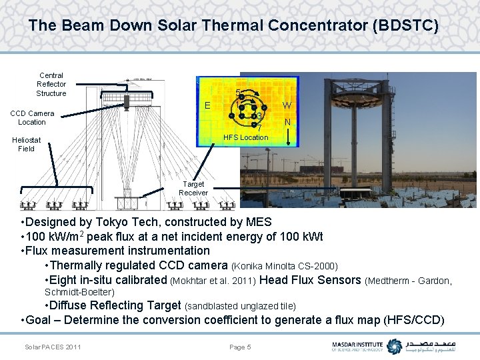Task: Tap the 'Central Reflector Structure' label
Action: [x=51, y=85]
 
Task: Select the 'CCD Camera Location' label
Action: [x=32, y=117]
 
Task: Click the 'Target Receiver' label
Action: [x=193, y=188]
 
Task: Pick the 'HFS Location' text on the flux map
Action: [x=245, y=137]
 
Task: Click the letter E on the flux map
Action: [x=207, y=105]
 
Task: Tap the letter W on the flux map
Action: [x=287, y=105]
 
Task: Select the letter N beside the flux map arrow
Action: [x=287, y=122]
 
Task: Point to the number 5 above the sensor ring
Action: [x=238, y=93]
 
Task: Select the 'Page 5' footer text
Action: [x=240, y=347]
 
